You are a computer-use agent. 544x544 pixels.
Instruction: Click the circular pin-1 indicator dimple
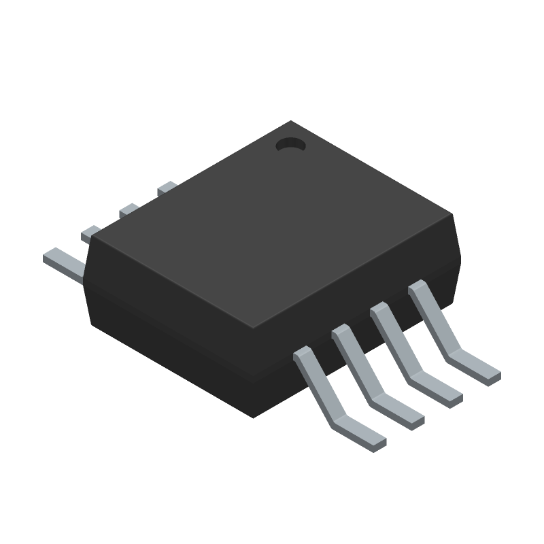coord(290,144)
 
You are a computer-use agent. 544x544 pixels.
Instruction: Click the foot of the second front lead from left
coord(401,413)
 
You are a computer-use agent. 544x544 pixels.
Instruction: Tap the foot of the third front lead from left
coord(439,392)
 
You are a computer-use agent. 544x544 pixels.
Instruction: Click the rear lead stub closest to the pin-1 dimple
coord(167,188)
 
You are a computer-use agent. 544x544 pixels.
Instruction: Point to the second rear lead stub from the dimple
coord(129,211)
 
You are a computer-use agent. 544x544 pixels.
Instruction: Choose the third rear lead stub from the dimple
coord(90,234)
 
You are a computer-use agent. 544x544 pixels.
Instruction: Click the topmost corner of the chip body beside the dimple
coord(291,122)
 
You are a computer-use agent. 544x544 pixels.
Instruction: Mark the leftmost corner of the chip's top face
coord(94,238)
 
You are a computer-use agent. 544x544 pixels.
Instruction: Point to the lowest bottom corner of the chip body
coord(253,417)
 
